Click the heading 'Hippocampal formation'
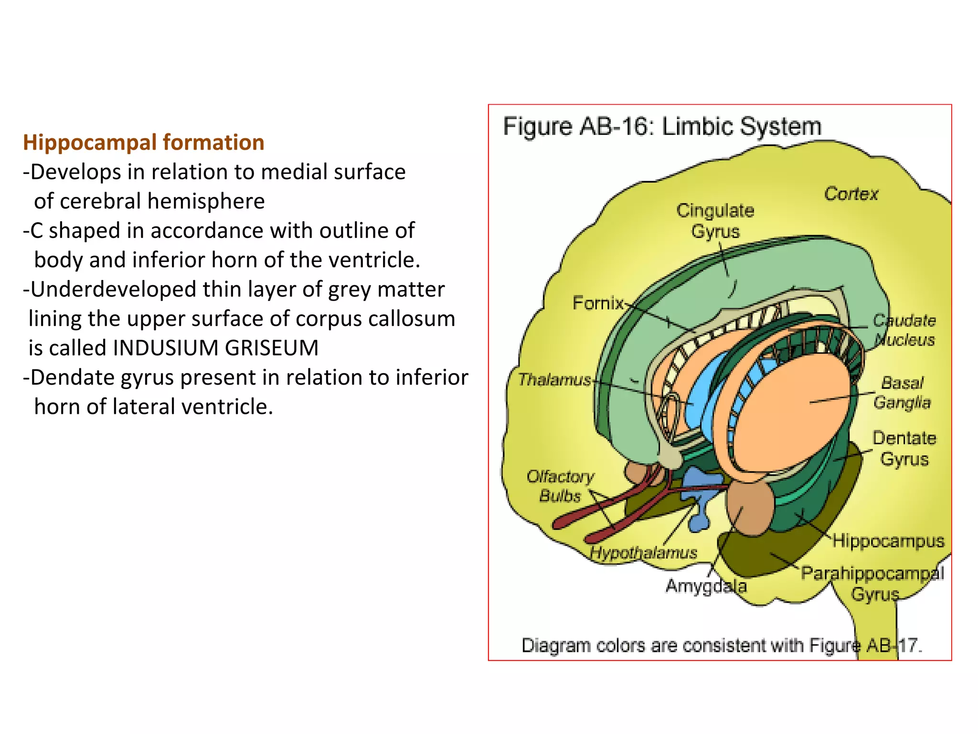tap(143, 142)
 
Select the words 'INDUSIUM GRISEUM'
tap(215, 348)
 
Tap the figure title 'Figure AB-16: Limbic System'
tap(662, 127)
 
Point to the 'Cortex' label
tap(851, 194)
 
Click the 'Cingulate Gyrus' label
tap(715, 221)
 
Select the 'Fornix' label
tap(598, 303)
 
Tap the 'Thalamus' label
tap(554, 380)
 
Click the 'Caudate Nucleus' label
tap(904, 330)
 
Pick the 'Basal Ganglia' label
tap(902, 393)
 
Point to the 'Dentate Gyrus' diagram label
tap(904, 448)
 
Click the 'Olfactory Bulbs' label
tap(560, 486)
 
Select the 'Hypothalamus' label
tap(643, 553)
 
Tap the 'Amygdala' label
tap(705, 586)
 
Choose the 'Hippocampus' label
tap(888, 541)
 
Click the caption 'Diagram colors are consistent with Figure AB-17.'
tap(721, 646)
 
